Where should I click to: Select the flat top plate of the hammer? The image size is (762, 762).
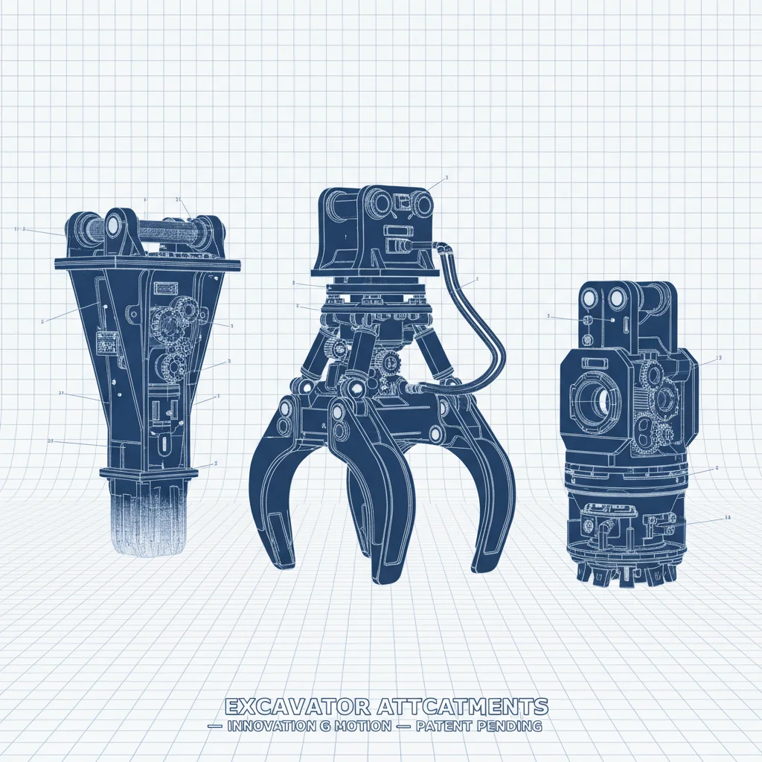tap(148, 263)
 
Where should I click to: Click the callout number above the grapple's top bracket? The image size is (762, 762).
tap(446, 178)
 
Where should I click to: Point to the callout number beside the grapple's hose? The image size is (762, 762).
tap(476, 278)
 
